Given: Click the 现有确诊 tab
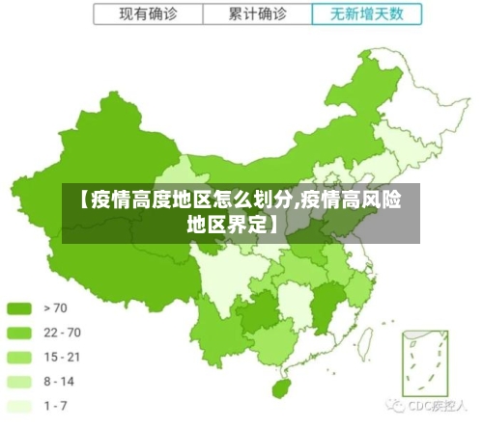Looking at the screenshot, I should (149, 14).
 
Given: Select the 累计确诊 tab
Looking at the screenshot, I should (258, 14).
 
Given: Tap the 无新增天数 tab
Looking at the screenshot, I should (368, 14).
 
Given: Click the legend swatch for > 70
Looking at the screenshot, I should (20, 308).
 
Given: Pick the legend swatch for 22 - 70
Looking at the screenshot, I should (20, 333).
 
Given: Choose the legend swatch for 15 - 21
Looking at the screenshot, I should (20, 357).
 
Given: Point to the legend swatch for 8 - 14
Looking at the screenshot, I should (20, 381).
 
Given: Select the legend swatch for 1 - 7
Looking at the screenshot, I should (20, 405).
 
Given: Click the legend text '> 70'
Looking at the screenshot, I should (56, 308).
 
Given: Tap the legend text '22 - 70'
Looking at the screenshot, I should (62, 333).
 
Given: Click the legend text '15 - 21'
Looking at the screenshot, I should (62, 357).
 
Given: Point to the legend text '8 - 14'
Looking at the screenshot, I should (60, 381).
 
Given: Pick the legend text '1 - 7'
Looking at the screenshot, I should (56, 405).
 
